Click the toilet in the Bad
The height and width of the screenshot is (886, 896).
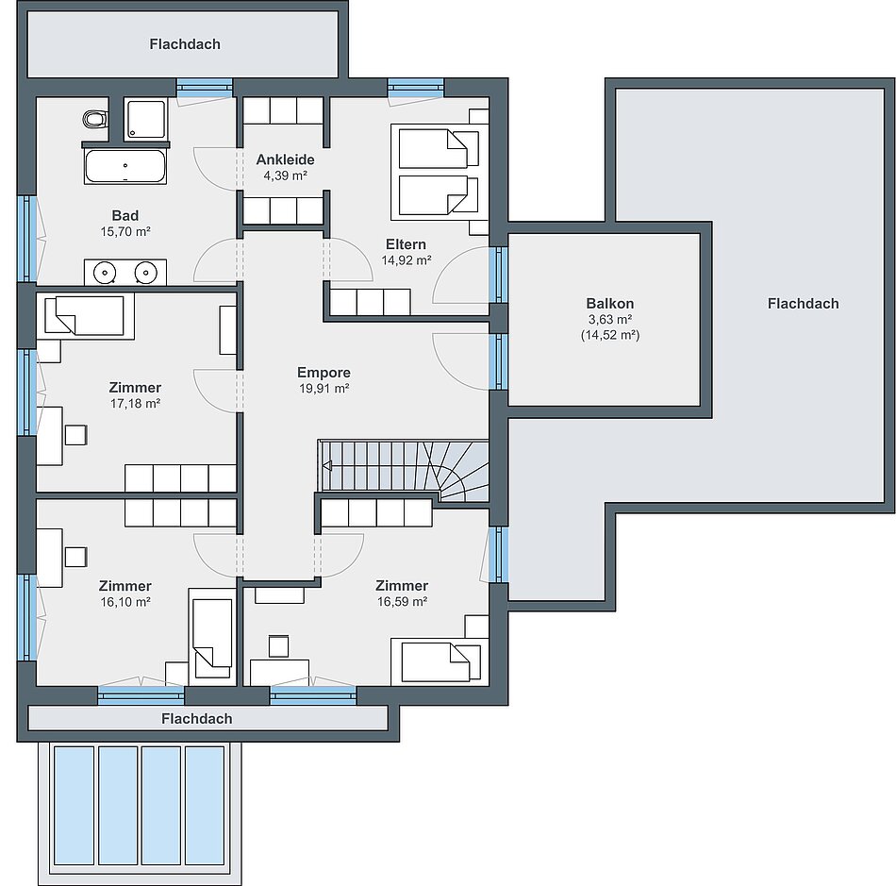pos(95,120)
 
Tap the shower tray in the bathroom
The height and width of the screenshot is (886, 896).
pos(146,119)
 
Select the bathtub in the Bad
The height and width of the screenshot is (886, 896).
pos(125,166)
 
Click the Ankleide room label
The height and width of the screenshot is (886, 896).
pos(285,159)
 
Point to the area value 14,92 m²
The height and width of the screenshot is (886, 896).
pos(407,260)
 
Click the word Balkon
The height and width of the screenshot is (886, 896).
pos(609,304)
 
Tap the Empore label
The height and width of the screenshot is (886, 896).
pos(324,373)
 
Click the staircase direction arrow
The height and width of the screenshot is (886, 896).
pos(327,466)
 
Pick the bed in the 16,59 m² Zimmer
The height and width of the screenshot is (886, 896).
pos(440,662)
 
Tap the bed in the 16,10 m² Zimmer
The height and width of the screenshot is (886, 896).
pos(212,637)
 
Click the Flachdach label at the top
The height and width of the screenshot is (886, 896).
pos(185,44)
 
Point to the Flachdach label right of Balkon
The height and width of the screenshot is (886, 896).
pos(803,304)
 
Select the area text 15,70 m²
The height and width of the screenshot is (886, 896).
pos(125,231)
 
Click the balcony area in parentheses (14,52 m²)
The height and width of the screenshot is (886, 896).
pos(610,335)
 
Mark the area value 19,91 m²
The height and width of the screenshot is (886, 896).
pos(324,389)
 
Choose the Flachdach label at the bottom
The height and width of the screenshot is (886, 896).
pos(197,718)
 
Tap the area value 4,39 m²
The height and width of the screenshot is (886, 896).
pos(285,176)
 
